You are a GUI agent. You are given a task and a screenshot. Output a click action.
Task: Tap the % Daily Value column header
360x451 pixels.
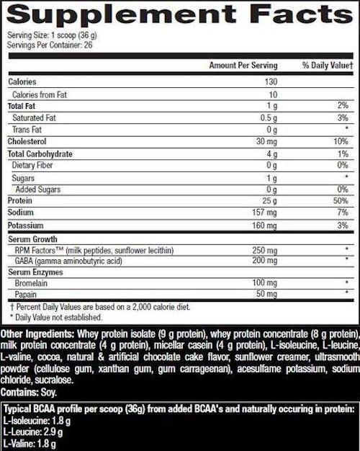tap(327, 66)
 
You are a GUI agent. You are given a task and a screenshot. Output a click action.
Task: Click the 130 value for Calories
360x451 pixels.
tap(271, 82)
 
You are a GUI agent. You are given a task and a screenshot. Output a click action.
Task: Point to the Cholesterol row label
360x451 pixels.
tap(28, 142)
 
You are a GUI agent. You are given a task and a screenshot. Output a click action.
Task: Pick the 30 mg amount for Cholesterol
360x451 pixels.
tap(267, 142)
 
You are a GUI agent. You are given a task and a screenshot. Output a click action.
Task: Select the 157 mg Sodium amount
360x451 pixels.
tap(265, 213)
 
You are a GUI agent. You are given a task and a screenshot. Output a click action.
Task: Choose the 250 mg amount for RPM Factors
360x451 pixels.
tap(265, 249)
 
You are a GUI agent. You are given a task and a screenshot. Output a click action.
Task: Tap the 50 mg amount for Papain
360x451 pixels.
tap(267, 295)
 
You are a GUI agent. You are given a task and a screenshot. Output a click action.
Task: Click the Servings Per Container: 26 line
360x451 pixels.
tap(51, 45)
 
